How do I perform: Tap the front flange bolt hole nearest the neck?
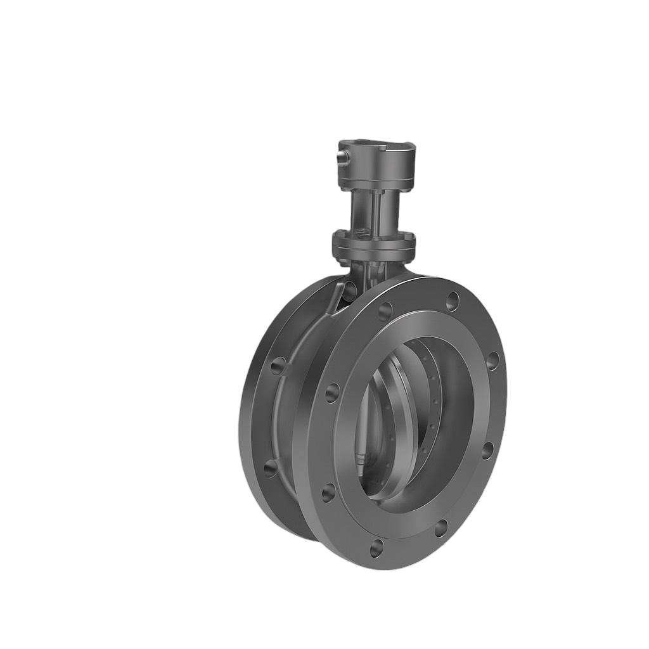pos(385,311)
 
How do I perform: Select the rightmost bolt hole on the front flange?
pos(492,361)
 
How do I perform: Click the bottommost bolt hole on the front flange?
pos(377,548)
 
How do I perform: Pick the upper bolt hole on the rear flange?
pos(278,366)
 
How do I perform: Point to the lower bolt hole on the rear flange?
pos(270,468)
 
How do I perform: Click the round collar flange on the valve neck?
pos(374,243)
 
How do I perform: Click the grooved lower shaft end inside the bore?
pos(362,458)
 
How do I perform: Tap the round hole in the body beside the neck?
pos(349,291)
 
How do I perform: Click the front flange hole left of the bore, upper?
pos(332,393)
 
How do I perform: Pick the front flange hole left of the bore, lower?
pos(328,492)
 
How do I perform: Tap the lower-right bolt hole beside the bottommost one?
pos(440,528)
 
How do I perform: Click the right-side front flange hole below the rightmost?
pos(487,450)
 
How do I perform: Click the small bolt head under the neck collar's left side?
pos(343,260)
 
